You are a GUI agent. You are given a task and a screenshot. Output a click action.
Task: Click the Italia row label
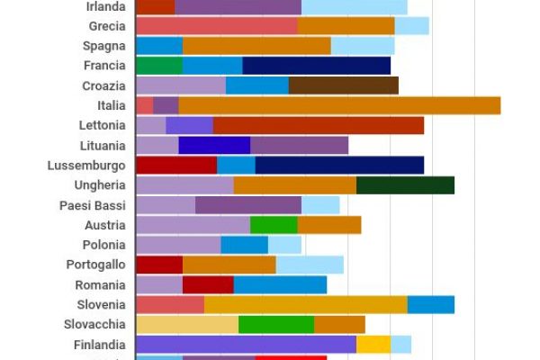click(x=111, y=105)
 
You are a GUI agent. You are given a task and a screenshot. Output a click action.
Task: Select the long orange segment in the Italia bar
click(x=339, y=105)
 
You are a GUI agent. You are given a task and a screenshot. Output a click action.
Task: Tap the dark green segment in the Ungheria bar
click(x=405, y=185)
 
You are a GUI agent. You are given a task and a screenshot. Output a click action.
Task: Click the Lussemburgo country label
click(x=86, y=166)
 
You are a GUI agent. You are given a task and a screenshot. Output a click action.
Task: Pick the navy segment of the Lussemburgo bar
click(x=339, y=166)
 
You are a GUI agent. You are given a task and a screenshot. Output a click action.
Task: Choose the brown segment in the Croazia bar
click(x=343, y=85)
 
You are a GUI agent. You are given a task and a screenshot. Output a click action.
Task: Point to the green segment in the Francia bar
click(x=159, y=66)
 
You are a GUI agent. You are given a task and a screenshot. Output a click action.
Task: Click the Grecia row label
click(x=107, y=26)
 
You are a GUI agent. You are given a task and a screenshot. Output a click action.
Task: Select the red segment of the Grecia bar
click(x=216, y=26)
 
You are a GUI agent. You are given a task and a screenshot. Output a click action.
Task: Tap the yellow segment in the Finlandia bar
click(x=373, y=345)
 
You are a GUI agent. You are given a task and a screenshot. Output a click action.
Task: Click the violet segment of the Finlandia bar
click(x=246, y=345)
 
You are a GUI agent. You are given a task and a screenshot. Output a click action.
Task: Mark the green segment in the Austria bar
click(x=274, y=225)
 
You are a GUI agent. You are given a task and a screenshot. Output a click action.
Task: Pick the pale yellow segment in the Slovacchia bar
click(x=186, y=325)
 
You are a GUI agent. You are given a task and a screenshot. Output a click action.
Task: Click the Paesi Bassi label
click(x=92, y=205)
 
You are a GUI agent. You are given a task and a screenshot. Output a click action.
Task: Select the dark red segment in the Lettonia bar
click(x=318, y=125)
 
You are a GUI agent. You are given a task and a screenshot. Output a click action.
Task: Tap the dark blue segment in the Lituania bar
click(x=214, y=146)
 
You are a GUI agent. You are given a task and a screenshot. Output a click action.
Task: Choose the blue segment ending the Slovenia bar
click(x=430, y=305)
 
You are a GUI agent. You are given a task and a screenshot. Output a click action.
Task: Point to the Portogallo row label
click(x=95, y=265)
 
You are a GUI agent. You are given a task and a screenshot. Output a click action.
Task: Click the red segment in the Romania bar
click(x=208, y=285)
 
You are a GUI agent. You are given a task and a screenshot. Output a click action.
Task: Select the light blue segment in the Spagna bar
click(x=362, y=46)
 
